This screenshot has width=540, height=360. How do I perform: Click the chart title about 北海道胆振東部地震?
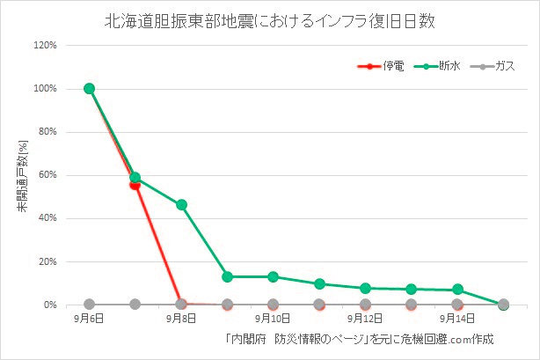click(269, 18)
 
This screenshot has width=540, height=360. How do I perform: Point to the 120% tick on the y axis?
click(46, 46)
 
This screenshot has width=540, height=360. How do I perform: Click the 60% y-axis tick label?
click(48, 175)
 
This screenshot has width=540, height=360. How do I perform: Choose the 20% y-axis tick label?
click(48, 261)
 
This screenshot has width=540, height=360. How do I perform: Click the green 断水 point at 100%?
click(89, 88)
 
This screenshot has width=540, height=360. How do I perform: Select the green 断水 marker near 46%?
click(181, 204)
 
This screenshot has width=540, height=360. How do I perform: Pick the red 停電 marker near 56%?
click(135, 184)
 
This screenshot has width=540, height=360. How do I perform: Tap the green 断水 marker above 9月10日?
click(273, 276)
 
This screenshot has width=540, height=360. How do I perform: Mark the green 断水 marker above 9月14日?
click(457, 290)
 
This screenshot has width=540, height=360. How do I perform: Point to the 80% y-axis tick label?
click(48, 132)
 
